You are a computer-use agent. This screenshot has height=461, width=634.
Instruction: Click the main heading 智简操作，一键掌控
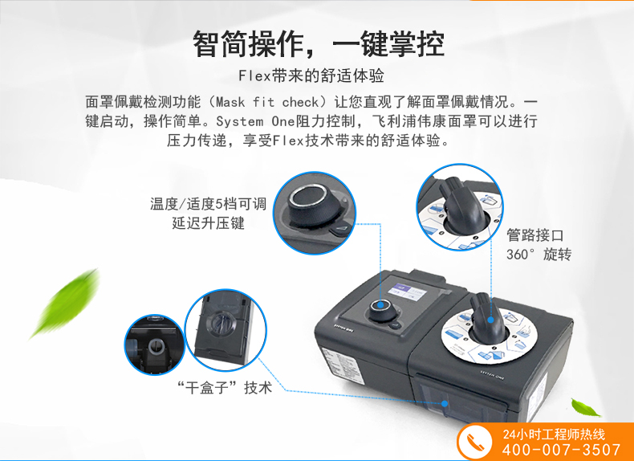(x=319, y=43)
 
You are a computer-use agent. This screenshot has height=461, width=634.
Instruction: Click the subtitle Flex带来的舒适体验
(x=311, y=75)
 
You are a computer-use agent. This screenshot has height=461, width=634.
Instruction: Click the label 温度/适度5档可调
(x=208, y=203)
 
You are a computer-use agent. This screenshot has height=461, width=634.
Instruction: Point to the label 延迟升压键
(x=208, y=223)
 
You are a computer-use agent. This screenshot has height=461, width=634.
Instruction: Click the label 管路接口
(x=534, y=235)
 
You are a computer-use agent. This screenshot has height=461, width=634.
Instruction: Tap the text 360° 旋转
(x=538, y=255)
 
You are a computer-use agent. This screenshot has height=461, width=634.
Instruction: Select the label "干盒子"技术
(x=225, y=387)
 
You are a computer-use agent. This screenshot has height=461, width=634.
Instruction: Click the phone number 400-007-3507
(x=562, y=450)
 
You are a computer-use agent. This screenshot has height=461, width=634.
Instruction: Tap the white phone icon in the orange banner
(x=475, y=442)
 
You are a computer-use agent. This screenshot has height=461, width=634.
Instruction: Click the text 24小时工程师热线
(x=554, y=434)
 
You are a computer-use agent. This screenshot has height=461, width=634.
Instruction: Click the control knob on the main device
(x=380, y=309)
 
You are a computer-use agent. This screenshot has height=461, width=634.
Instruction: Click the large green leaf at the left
(x=66, y=303)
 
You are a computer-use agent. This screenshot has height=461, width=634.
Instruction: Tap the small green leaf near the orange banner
(x=586, y=407)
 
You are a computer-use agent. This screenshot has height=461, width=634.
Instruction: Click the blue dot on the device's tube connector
(x=490, y=320)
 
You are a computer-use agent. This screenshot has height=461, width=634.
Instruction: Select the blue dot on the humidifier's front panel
(x=445, y=403)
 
